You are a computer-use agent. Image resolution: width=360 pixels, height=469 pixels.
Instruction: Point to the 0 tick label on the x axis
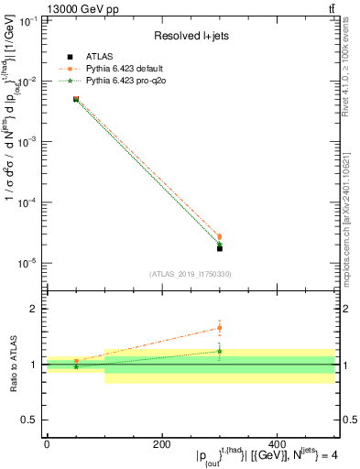46,444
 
